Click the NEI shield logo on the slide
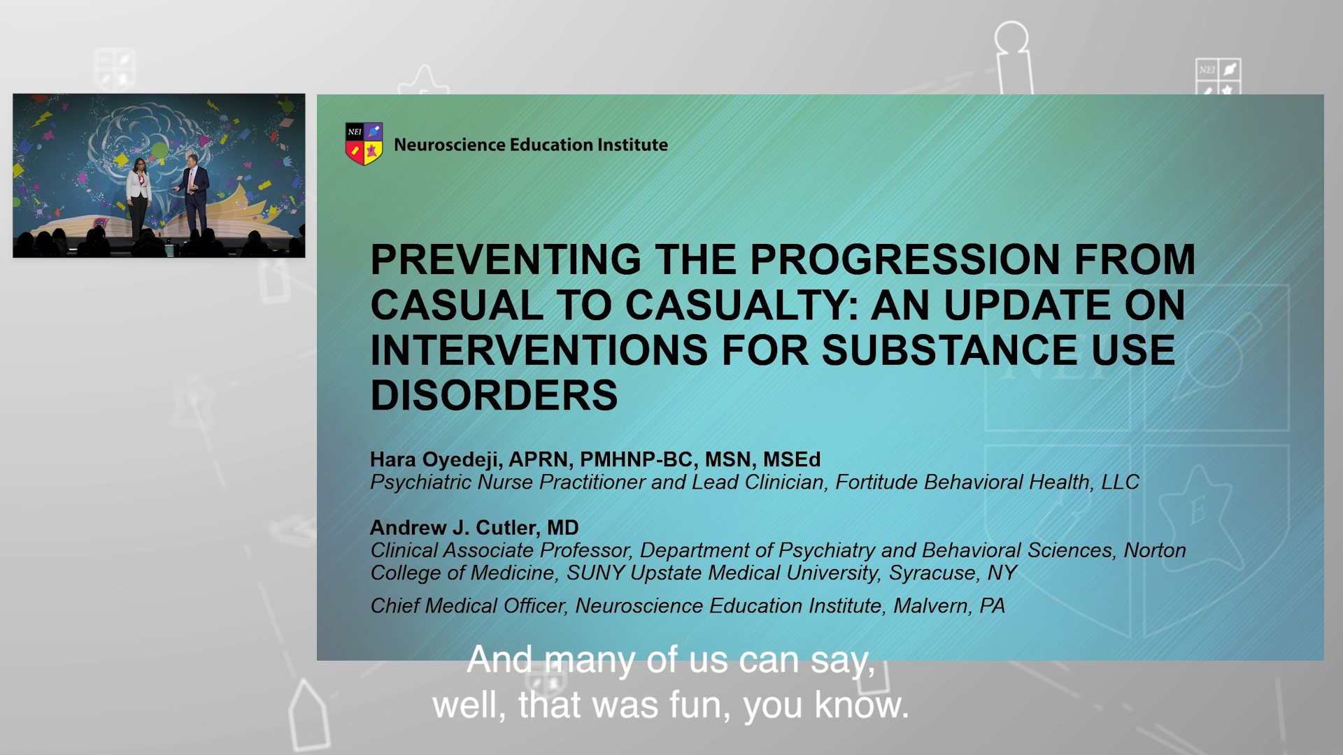pos(364,143)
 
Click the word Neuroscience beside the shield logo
pos(449,145)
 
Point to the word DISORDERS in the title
pos(494,396)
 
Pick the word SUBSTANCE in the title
pos(949,350)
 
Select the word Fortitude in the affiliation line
pos(876,482)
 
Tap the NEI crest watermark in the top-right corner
pos(1218,75)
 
